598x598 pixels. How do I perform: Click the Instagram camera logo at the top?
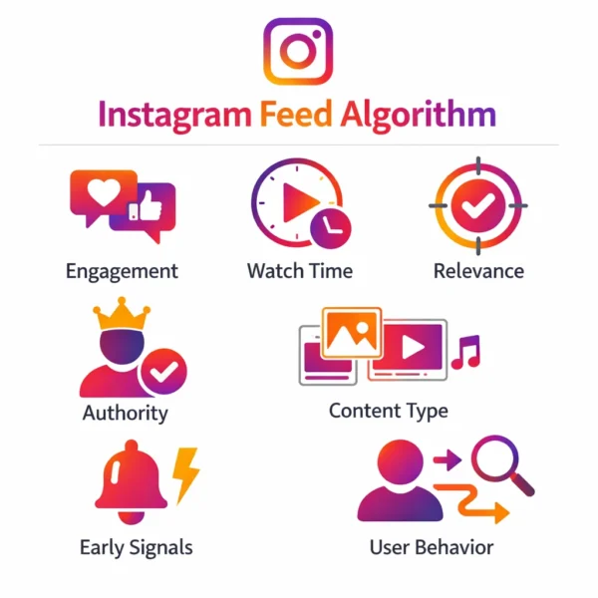pos(298,51)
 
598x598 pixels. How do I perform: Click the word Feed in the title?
pos(296,114)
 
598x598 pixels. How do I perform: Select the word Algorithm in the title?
pos(418,116)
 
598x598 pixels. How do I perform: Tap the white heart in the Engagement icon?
pos(104,191)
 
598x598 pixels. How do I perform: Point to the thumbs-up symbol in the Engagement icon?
pos(146,206)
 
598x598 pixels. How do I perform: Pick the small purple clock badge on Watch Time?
pos(331,228)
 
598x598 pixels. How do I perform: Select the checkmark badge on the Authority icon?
pos(164,371)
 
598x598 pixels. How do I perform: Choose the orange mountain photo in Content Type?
pos(352,333)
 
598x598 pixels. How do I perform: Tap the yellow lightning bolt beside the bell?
pos(185,475)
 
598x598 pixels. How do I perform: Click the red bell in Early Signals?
pos(132,482)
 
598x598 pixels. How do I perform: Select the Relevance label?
pos(478,271)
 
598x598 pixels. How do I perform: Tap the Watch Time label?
pos(300,271)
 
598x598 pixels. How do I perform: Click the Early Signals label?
pos(137,548)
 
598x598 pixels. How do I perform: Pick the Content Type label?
pos(389,412)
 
